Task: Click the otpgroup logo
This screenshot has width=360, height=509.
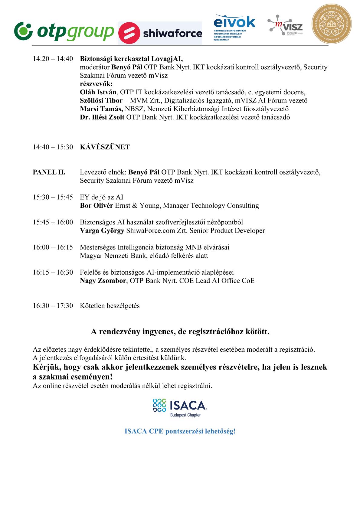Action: point(64,31)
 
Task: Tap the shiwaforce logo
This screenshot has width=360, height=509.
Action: point(160,33)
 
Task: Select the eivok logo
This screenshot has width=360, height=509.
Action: point(234,27)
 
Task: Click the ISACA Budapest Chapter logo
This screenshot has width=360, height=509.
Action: point(180,407)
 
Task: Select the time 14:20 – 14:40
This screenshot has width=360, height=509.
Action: point(53,59)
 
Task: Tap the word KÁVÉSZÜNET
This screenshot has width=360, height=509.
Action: point(105,147)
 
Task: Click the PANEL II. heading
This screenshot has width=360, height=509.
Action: point(49,172)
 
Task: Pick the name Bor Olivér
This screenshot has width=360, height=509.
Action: point(96,206)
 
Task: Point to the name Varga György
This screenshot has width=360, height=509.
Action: point(102,231)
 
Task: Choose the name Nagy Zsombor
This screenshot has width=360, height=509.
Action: point(103,281)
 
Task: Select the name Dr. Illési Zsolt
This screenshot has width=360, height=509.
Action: point(102,117)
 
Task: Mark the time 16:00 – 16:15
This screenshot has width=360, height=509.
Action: point(53,247)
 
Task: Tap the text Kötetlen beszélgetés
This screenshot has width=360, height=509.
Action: point(110,306)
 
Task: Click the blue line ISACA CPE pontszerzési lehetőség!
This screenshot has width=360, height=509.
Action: point(180,431)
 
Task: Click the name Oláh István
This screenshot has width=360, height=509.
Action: point(98,92)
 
